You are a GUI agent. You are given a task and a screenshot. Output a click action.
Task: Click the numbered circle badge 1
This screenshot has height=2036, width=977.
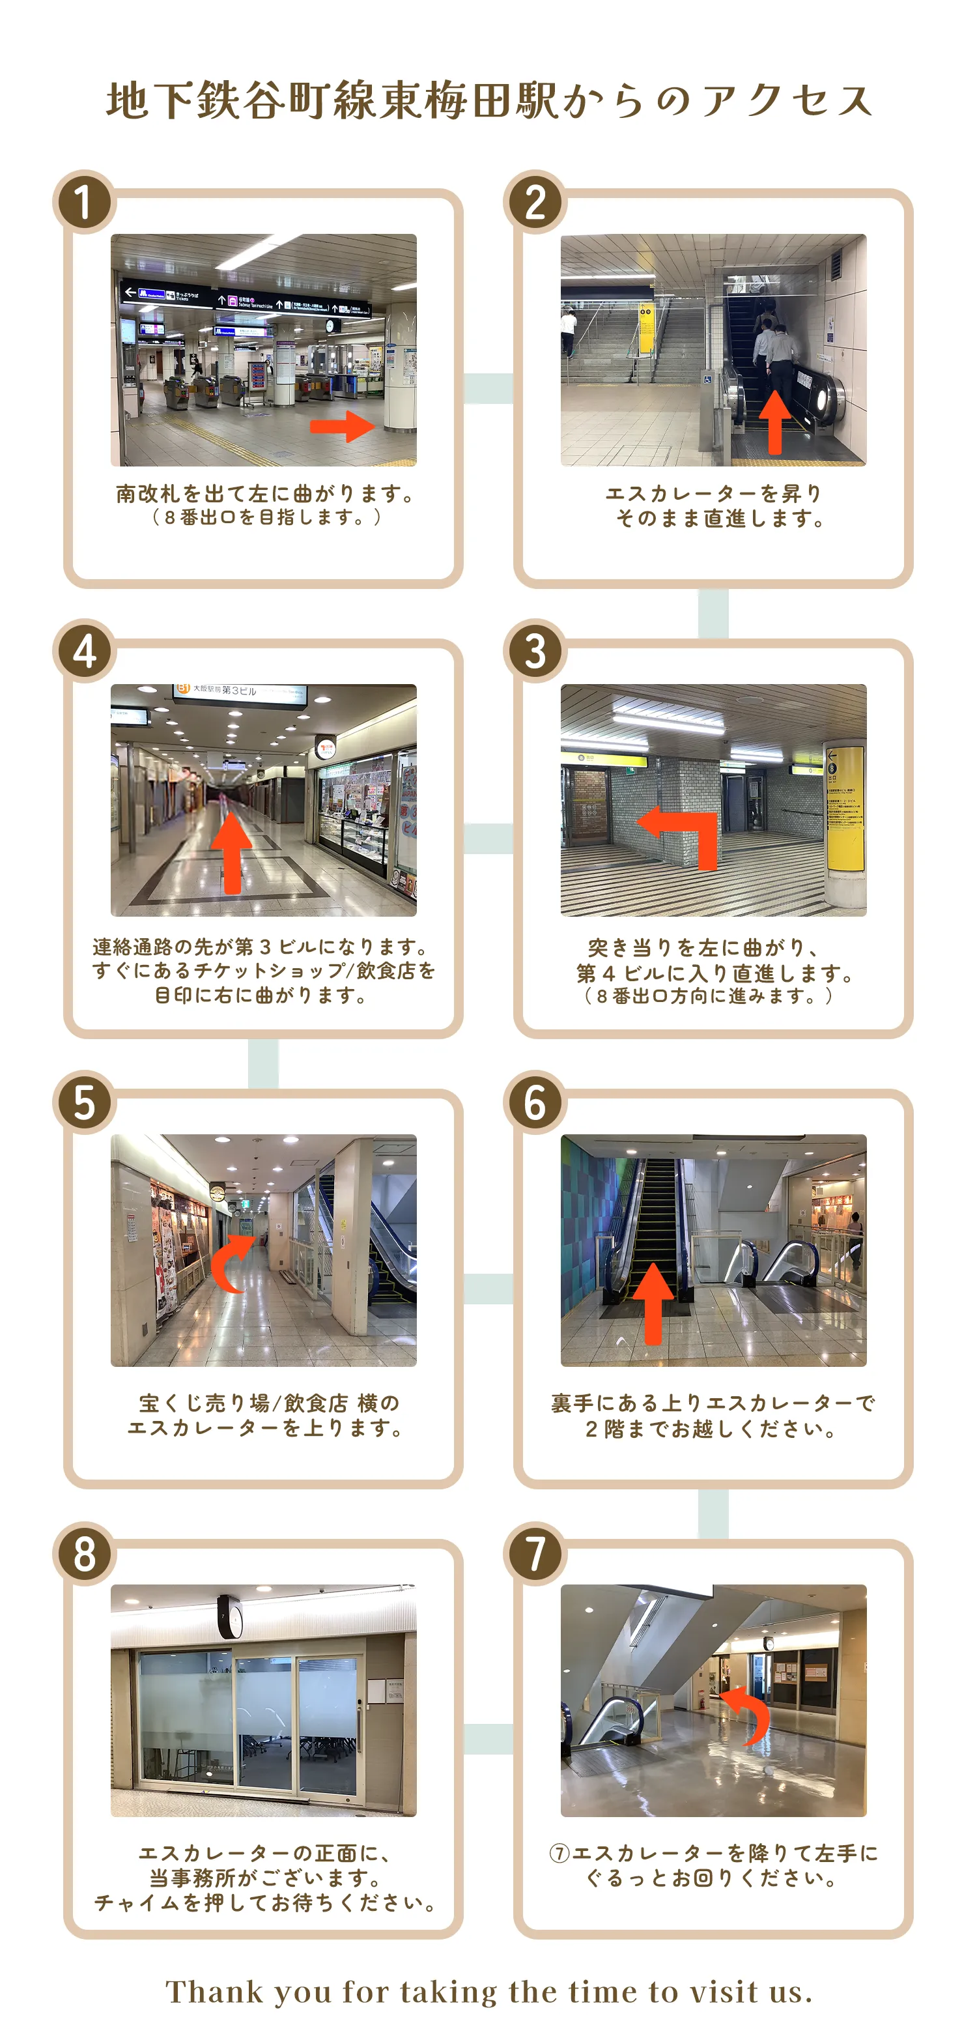pos(85,203)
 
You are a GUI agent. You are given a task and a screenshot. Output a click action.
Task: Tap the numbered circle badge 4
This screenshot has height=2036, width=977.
pos(85,652)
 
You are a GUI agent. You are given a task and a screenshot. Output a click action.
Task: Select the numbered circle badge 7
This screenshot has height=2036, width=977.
pos(535,1554)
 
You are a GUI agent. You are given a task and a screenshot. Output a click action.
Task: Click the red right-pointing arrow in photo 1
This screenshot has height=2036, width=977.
pos(341,427)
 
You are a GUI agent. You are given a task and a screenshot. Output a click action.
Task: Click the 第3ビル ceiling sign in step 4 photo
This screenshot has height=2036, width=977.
pos(239,690)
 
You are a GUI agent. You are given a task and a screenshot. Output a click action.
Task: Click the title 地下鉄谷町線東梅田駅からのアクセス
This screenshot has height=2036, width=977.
pos(488,101)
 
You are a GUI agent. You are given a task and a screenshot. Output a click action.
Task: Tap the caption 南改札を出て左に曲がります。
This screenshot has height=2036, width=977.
pos(266,494)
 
